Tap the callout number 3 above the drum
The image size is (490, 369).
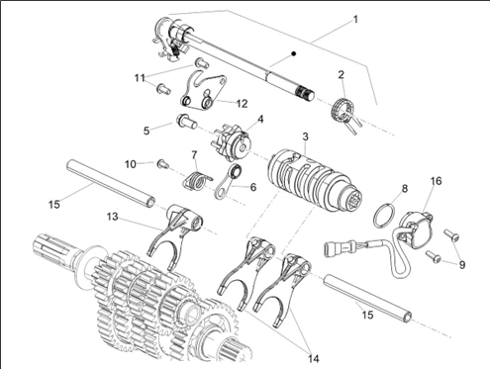click(x=305, y=136)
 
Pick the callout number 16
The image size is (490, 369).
click(x=436, y=182)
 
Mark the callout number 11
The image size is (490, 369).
click(x=139, y=76)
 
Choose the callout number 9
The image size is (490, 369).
click(x=462, y=264)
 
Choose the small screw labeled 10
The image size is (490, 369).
click(x=162, y=163)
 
